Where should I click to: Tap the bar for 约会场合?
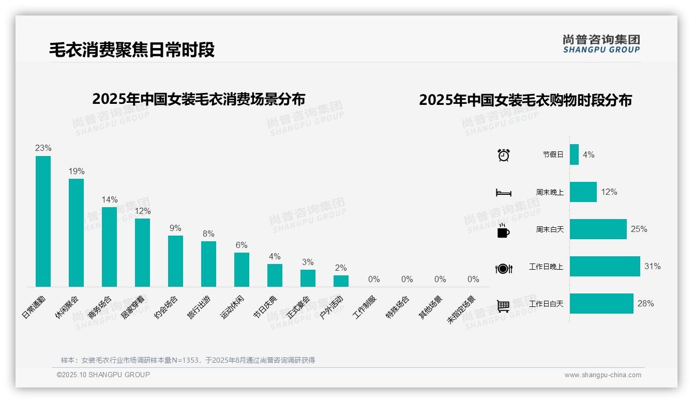tap(175, 261)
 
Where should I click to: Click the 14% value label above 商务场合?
tap(109, 199)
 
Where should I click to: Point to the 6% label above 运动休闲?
tap(242, 245)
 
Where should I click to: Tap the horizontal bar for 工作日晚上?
tap(605, 267)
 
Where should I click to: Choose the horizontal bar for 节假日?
tap(574, 154)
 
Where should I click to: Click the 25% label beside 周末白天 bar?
tap(639, 229)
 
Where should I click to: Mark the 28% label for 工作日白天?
tap(645, 304)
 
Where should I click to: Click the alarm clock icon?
tap(503, 155)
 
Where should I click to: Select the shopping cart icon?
tap(503, 306)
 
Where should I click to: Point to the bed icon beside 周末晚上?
tap(503, 193)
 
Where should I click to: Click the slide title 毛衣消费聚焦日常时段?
tap(132, 50)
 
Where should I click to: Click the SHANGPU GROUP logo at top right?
tap(601, 44)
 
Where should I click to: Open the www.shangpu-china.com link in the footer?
tap(602, 375)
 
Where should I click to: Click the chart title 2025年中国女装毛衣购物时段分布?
tap(525, 100)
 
